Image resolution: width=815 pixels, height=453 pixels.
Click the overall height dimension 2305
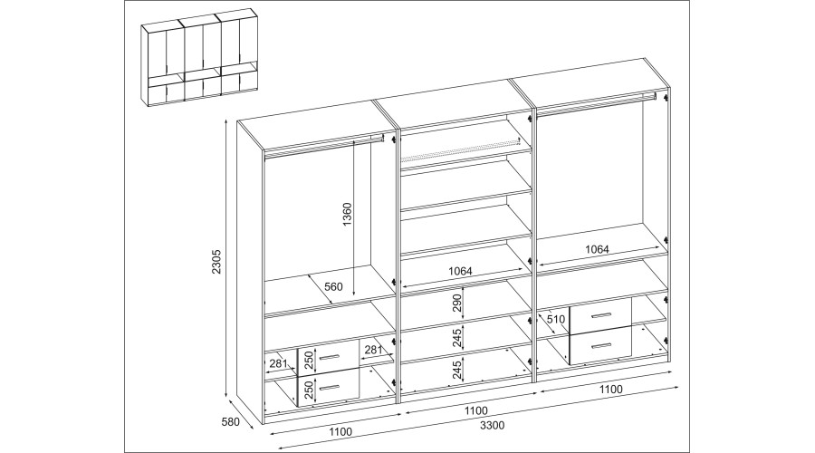(x=217, y=261)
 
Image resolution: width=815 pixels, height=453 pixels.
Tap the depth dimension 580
(x=229, y=422)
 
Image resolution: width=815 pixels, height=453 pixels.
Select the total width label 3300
(x=492, y=426)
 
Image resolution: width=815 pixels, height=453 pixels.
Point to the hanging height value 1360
(x=347, y=215)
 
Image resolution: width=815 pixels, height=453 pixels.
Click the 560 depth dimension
(x=333, y=286)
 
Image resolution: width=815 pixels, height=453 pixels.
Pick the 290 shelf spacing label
(x=457, y=304)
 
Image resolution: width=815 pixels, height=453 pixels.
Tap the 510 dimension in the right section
(x=556, y=319)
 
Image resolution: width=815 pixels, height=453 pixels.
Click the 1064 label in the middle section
(x=460, y=271)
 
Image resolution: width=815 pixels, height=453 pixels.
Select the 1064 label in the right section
(x=597, y=249)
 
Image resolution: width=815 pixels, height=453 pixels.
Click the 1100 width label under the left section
(x=340, y=431)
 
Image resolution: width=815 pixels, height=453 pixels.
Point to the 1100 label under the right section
(x=610, y=389)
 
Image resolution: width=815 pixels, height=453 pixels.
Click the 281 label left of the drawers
(x=279, y=363)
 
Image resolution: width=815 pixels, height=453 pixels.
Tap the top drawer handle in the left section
(x=329, y=357)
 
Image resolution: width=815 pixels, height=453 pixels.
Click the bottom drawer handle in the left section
(x=329, y=388)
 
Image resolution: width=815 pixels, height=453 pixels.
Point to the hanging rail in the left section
(x=324, y=146)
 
